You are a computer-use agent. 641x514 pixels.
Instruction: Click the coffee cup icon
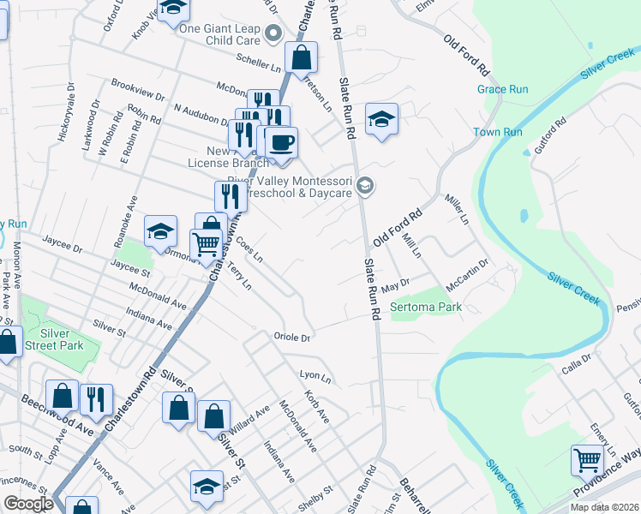coord(281,143)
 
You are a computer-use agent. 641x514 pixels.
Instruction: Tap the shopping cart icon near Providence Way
coord(588,461)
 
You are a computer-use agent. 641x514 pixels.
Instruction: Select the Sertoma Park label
coord(426,307)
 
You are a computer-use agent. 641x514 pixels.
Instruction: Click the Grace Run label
coord(502,89)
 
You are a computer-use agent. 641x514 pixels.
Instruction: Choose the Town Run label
coord(498,132)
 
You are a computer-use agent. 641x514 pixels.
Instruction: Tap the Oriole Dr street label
coord(291,338)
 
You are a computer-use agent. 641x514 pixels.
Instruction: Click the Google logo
coord(29,504)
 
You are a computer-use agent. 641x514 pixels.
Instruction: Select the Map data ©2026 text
coord(604,507)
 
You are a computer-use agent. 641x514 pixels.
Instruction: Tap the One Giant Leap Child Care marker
coord(274,34)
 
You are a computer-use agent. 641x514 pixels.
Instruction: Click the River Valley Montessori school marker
coord(366,185)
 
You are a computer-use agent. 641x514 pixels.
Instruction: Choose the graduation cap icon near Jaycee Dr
coord(160,231)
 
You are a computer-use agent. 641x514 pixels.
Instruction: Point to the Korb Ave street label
coord(316,406)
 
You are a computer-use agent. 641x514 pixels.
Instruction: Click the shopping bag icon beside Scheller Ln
coord(302,58)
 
